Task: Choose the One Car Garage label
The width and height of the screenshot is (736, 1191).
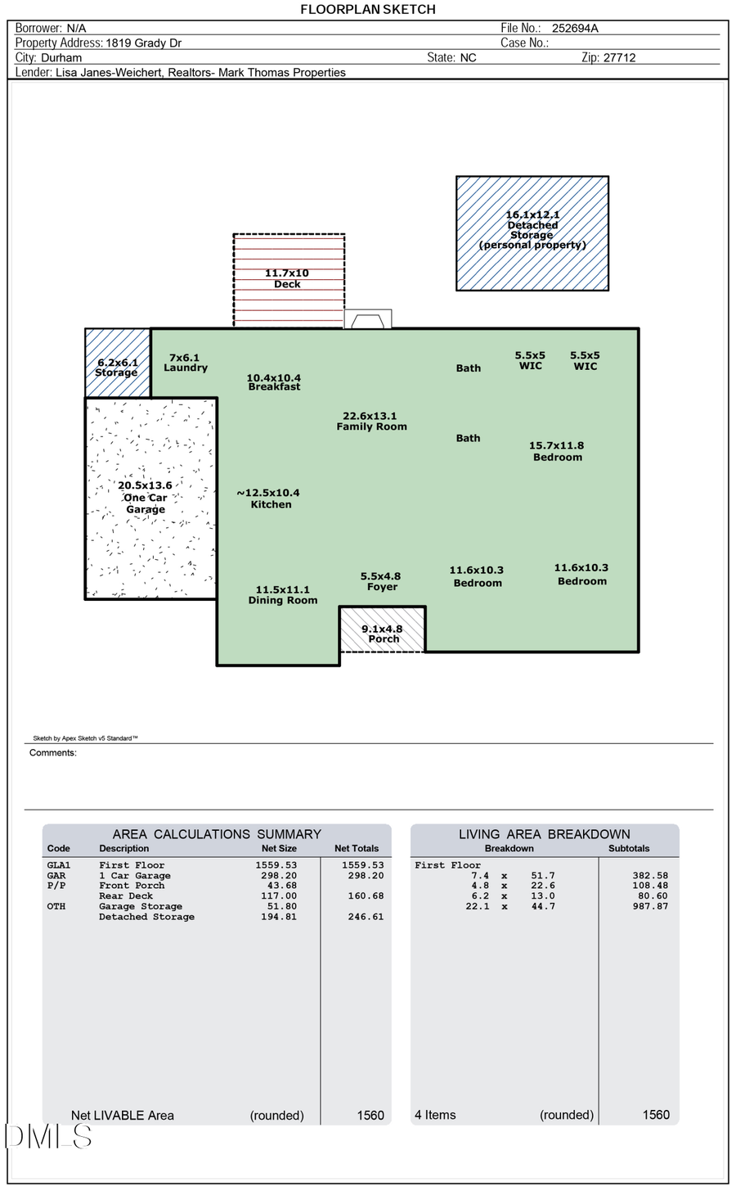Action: pos(145,498)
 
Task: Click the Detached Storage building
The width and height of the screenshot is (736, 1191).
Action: pos(532,233)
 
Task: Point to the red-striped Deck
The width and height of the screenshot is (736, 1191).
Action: pos(289,281)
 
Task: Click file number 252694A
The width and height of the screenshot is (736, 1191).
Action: pos(575,28)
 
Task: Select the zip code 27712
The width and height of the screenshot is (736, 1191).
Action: pos(619,57)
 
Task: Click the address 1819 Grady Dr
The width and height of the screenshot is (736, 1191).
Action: pos(144,43)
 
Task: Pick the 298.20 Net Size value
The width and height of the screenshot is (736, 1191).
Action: pos(276,875)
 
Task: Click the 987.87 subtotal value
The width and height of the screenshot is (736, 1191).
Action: pos(650,906)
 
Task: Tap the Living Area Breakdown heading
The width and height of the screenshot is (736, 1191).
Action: pos(544,834)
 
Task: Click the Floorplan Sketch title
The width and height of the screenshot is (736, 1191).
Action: pos(368,9)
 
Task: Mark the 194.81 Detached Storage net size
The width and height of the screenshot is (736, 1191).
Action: pos(276,917)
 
